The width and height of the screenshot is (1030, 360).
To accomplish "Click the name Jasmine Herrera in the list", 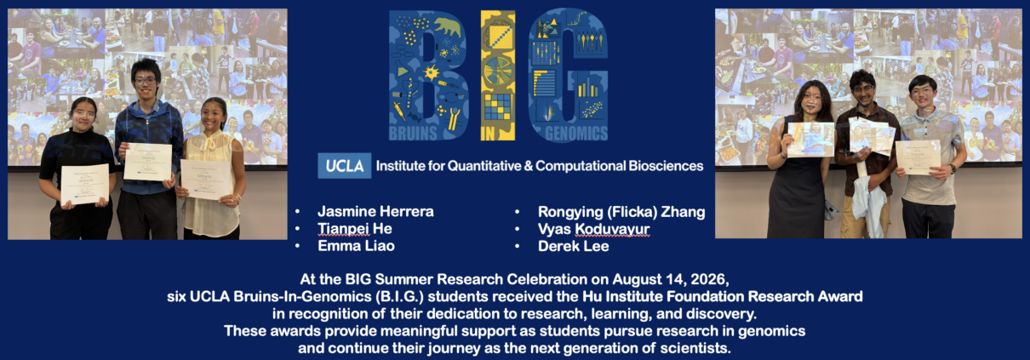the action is pos(375,212).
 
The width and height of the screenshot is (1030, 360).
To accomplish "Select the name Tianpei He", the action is pos(354,228).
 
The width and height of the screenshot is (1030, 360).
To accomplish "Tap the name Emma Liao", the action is pos(356,246).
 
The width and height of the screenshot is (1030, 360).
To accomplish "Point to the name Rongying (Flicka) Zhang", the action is pos(621,212).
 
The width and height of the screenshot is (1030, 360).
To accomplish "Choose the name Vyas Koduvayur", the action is pos(593,229).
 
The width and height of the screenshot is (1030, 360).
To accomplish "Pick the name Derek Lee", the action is pos(574,246).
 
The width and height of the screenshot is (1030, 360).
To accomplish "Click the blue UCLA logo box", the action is pos(345,165).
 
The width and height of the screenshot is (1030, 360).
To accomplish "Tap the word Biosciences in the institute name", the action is pos(666,165).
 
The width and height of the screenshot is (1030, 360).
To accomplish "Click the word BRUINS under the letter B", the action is pos(413,134).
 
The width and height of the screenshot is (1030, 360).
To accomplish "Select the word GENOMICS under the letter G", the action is pos(576,134).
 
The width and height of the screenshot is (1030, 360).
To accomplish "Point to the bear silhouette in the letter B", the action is pos(448,26).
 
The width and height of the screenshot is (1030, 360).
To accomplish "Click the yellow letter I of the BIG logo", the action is pos(498,76).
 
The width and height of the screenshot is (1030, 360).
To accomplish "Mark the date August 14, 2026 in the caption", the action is pos(669,279).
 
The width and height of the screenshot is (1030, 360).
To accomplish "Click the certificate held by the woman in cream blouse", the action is pos(206,180).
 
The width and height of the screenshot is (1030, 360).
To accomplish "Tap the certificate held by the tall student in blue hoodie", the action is pos(147,162).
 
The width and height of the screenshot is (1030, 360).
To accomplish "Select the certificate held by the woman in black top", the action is pos(85,184).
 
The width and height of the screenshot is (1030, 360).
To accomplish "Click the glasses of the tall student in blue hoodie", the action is pos(145,81).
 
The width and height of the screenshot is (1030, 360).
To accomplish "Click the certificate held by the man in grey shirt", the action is pos(918,157).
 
